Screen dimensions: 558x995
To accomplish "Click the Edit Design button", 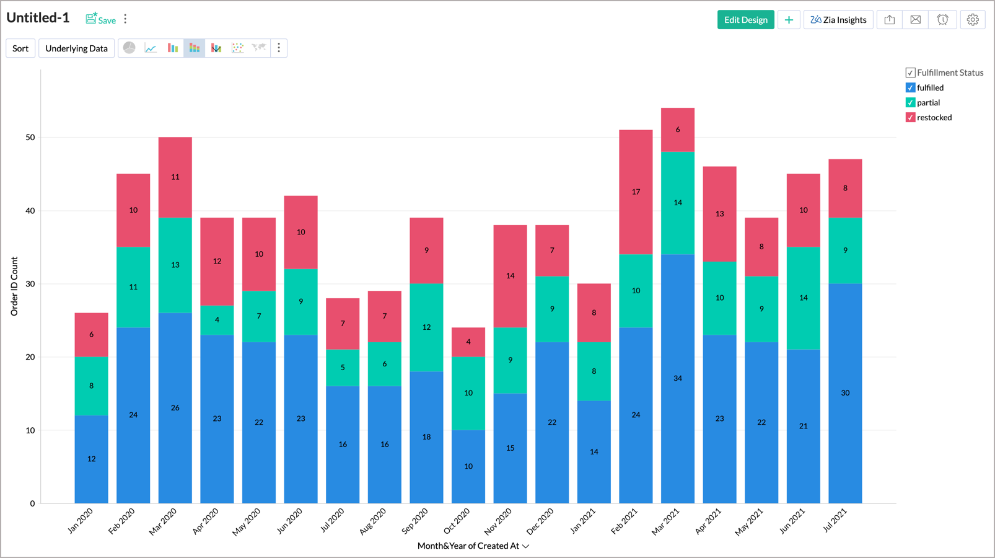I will click(x=745, y=20).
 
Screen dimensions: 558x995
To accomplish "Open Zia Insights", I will click(x=838, y=20).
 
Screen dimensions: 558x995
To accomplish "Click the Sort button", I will click(x=20, y=48).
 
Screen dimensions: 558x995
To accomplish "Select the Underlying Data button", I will click(x=76, y=48).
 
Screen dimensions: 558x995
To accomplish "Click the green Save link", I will click(x=101, y=19).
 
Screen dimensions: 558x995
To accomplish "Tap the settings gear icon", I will click(x=973, y=20).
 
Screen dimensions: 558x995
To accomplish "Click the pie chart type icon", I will click(x=129, y=48).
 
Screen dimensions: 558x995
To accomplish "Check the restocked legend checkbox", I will click(x=910, y=118).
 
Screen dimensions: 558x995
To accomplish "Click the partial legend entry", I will click(x=928, y=103).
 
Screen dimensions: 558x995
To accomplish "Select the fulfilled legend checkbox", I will click(x=910, y=88).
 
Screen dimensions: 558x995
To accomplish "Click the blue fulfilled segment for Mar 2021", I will click(x=678, y=378).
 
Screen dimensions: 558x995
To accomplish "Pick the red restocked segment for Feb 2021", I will click(x=636, y=192).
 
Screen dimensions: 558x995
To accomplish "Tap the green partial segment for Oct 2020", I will click(x=468, y=393).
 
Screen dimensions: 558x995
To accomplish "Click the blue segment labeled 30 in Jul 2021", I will click(x=845, y=393).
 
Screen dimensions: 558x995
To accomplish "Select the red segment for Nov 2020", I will click(x=510, y=276).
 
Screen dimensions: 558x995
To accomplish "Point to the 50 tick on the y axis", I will click(x=30, y=138).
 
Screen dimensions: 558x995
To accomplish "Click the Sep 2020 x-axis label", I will click(x=415, y=521).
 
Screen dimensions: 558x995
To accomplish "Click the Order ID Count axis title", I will click(x=14, y=286).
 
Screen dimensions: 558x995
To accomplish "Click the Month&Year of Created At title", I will click(x=468, y=546).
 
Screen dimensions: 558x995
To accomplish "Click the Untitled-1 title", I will click(x=38, y=18).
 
